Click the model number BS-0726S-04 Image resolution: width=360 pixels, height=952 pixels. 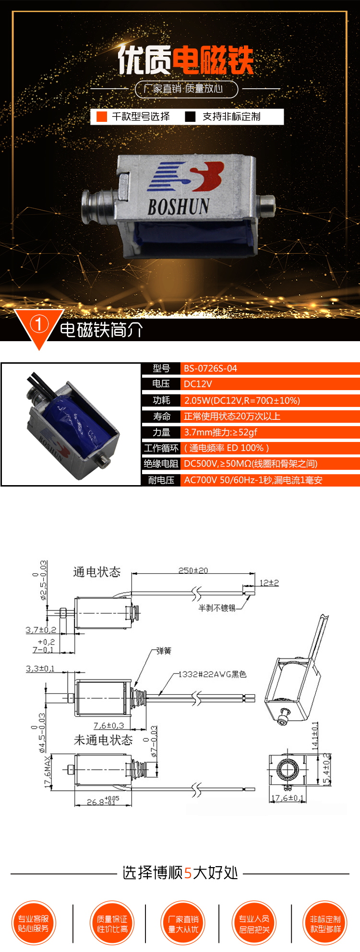tap(210, 369)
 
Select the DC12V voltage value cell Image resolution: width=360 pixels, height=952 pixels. tap(198, 384)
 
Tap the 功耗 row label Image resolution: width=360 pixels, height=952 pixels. tap(161, 400)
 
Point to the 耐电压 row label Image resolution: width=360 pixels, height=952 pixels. tap(161, 480)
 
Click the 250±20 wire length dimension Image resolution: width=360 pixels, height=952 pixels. tap(193, 571)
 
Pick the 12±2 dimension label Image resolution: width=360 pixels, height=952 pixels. tap(269, 583)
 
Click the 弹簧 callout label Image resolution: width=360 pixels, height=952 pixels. tap(164, 651)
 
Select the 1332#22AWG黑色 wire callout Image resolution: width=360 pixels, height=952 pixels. tap(213, 674)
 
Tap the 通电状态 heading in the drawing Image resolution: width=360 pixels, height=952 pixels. tap(96, 572)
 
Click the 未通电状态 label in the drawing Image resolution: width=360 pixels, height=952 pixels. tap(103, 740)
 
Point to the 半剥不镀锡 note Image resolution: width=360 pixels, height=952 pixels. tap(217, 608)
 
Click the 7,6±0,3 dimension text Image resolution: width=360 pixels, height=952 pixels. tap(108, 726)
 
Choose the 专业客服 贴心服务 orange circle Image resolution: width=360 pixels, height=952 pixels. tap(34, 924)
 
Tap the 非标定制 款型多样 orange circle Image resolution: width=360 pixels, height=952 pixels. tap(325, 924)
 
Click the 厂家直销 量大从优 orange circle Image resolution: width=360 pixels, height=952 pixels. tap(183, 924)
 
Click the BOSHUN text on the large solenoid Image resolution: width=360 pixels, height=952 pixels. tap(178, 207)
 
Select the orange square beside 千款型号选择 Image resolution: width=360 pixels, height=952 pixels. tap(101, 117)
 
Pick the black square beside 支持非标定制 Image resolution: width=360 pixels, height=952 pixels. tap(191, 117)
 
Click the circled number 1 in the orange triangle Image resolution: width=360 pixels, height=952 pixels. tap(39, 325)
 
